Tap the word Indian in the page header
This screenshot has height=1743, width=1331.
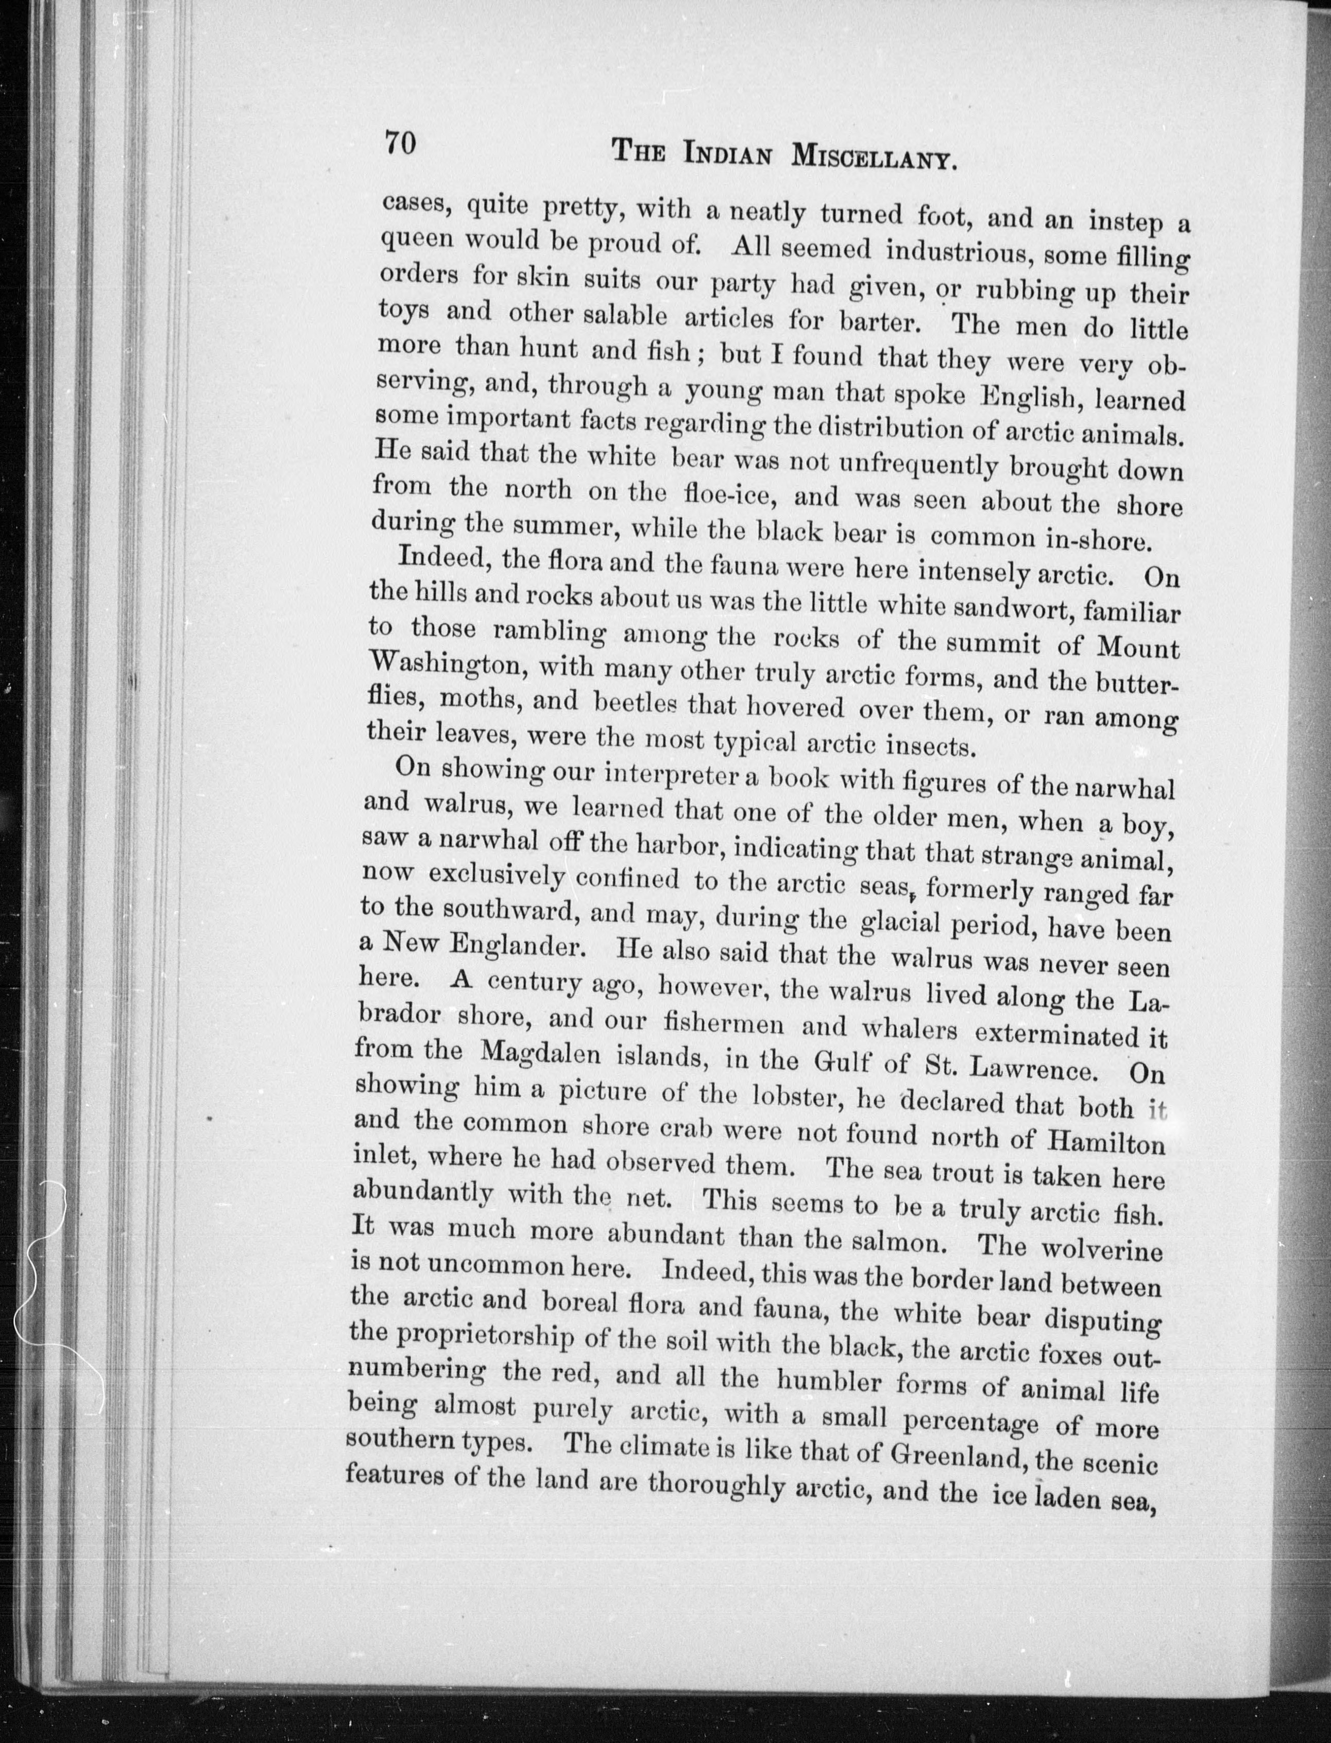click(x=729, y=153)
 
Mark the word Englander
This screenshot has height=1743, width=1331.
click(x=517, y=945)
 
